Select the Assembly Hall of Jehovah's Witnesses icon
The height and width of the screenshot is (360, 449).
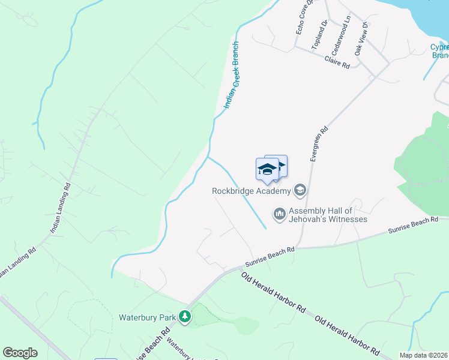click(279, 214)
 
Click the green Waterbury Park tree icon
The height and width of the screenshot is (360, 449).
click(186, 316)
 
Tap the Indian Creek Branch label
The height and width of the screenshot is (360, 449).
click(232, 75)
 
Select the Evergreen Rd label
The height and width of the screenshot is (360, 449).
click(319, 143)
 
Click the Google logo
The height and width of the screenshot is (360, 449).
click(20, 353)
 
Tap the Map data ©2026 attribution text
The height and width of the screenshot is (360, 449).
click(424, 355)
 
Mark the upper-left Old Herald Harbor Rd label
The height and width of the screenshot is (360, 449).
click(273, 292)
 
